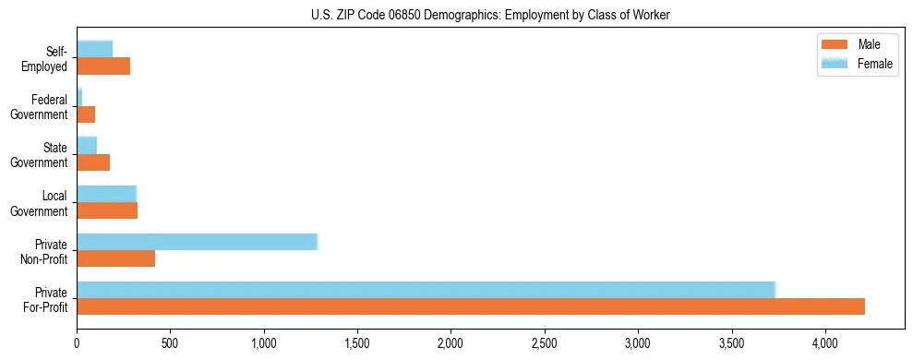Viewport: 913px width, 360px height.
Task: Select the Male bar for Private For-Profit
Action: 471,306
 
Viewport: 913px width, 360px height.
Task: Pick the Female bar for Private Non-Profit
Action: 197,242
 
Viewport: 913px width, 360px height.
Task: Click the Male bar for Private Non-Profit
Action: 116,258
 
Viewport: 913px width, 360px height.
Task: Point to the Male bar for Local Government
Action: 107,210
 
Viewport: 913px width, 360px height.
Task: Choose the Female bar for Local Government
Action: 106,194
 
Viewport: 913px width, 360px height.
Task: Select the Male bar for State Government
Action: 93,162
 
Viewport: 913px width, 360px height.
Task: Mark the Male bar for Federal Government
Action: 86,114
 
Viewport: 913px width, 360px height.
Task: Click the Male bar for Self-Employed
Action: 103,66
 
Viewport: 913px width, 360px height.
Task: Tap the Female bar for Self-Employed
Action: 95,49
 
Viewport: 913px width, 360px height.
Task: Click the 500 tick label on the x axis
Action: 170,343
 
